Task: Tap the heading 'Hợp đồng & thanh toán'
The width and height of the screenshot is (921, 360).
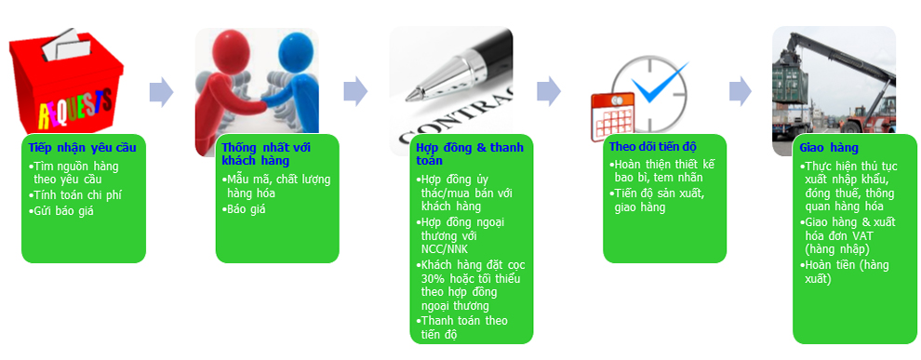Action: [x=469, y=153]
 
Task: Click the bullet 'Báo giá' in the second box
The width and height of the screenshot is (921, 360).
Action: [x=244, y=208]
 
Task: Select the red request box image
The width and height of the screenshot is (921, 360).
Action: [x=66, y=81]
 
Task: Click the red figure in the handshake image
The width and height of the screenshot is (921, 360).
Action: [x=232, y=88]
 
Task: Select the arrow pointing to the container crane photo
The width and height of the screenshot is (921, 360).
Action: [x=741, y=92]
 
